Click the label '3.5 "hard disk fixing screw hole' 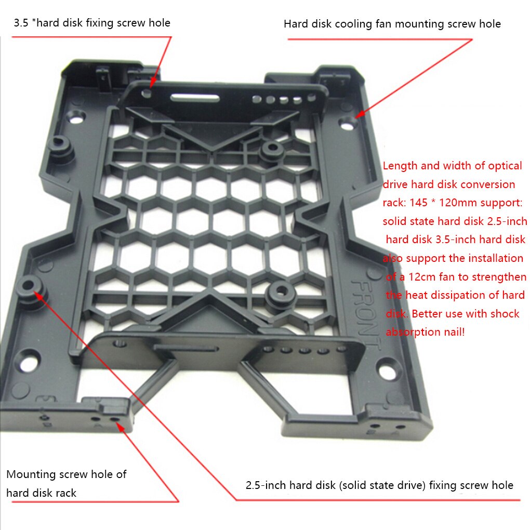pyautogui.click(x=92, y=23)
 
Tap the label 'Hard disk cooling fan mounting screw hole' pyautogui.click(x=392, y=24)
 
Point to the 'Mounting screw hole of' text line pyautogui.click(x=66, y=474)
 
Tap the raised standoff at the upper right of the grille pyautogui.click(x=271, y=150)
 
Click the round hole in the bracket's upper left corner pyautogui.click(x=76, y=117)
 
